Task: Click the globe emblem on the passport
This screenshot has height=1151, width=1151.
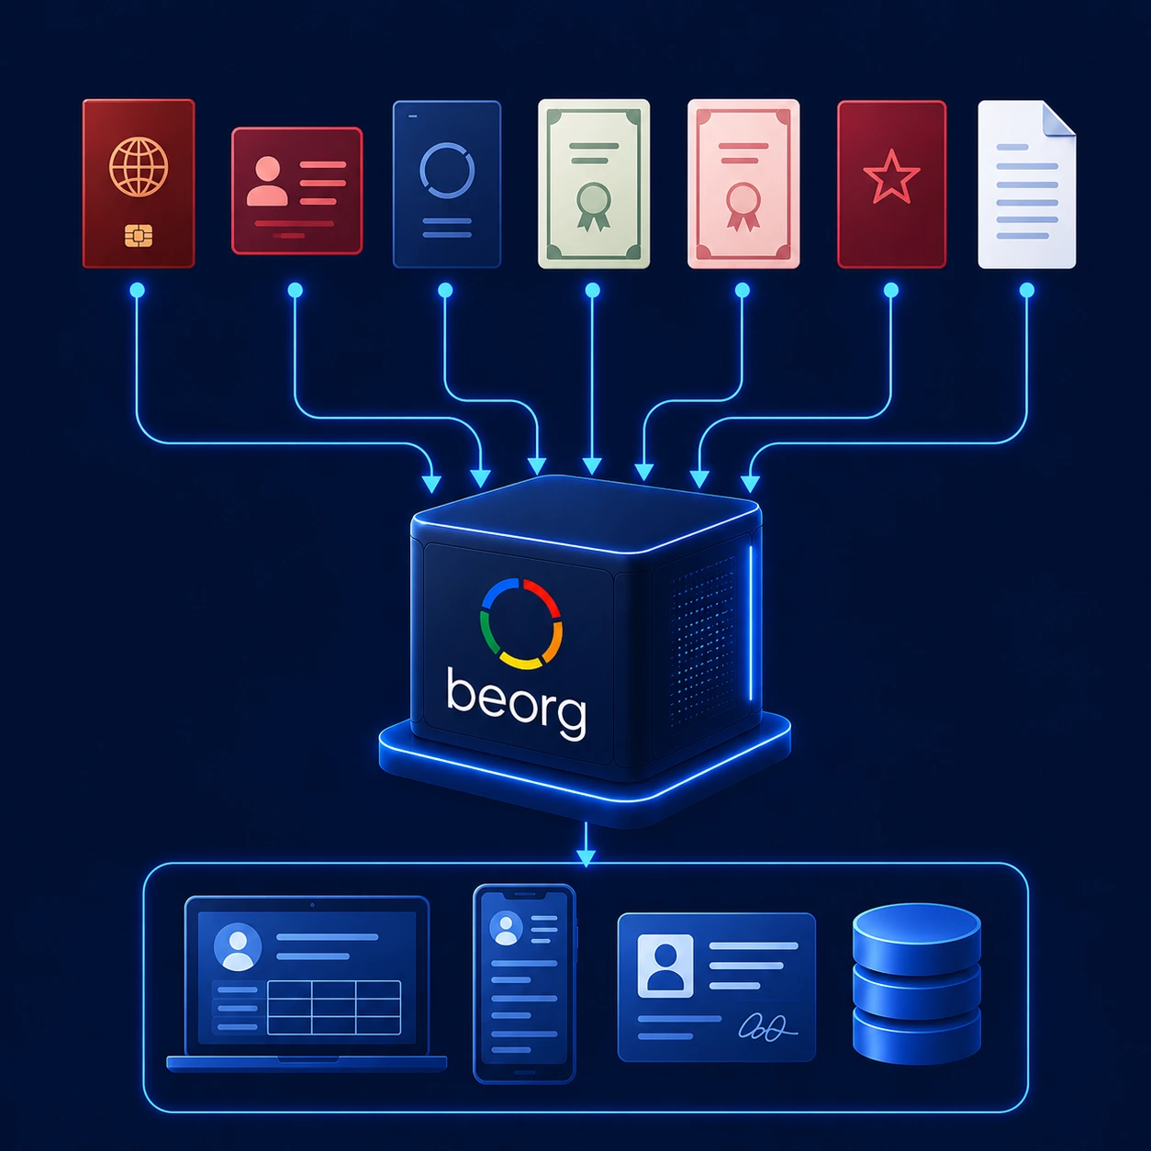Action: coord(139,167)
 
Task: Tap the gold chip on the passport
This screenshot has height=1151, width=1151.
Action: coord(139,235)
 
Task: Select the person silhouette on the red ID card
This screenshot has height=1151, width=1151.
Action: coord(266,182)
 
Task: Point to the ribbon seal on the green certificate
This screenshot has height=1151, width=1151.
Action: coord(593,207)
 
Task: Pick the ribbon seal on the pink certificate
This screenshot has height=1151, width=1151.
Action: coord(743,207)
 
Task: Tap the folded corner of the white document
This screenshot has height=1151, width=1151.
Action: coord(1058,118)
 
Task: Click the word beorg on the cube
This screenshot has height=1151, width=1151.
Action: coord(517,704)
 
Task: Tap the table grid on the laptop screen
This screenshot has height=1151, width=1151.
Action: coord(333,1007)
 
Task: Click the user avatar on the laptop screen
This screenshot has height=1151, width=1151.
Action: coord(237,946)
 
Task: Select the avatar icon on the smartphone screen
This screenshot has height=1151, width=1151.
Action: coord(506,928)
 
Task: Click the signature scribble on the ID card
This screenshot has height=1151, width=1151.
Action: coord(767,1027)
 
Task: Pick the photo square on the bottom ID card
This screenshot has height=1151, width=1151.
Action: coord(665,966)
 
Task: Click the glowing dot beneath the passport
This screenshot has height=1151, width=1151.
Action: coord(138,290)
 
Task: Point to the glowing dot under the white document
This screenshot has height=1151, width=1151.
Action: coord(1027,290)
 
